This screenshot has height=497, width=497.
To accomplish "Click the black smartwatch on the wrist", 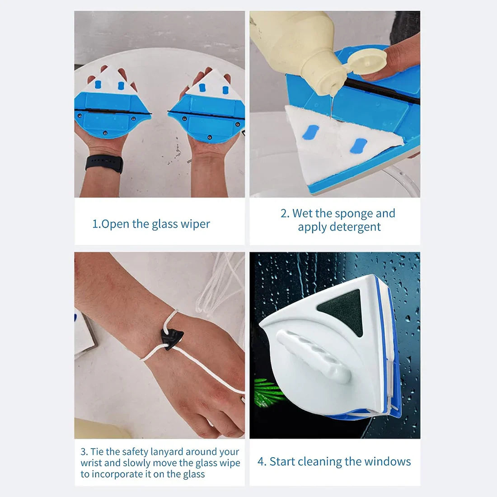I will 104,163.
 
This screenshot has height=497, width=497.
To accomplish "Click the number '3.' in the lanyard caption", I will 84,451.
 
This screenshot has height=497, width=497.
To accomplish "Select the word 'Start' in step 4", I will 282,461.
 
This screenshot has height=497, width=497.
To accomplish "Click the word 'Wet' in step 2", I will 302,213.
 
